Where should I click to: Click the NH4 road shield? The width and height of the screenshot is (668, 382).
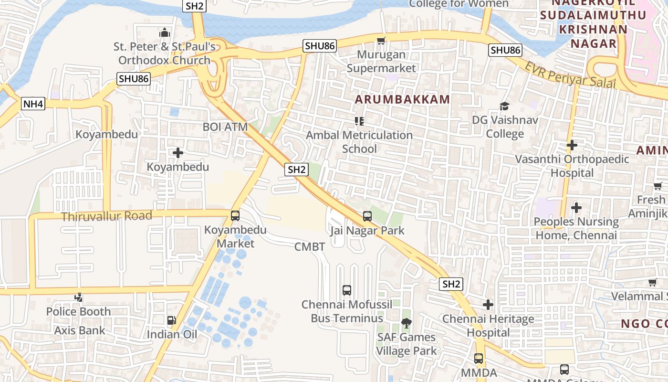(x=33, y=104)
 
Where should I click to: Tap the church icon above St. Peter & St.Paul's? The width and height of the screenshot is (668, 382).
(x=165, y=32)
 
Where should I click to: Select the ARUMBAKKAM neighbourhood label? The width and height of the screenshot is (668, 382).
(x=402, y=99)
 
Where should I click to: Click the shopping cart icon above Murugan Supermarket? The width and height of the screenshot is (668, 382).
(x=381, y=41)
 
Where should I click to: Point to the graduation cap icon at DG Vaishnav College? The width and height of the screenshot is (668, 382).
(x=504, y=106)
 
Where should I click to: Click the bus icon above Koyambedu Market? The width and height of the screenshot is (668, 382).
(x=235, y=215)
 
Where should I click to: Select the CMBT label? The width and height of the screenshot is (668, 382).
(x=310, y=247)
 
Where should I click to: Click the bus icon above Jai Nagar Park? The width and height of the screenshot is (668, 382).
(x=367, y=216)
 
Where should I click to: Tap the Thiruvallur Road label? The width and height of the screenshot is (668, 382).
(x=106, y=216)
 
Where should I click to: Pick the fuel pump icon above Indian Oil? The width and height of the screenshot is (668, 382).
(x=171, y=320)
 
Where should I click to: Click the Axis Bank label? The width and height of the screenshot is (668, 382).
(x=79, y=330)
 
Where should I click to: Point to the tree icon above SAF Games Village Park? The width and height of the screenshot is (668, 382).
(x=406, y=323)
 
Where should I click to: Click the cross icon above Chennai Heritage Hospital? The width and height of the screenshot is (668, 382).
(x=488, y=304)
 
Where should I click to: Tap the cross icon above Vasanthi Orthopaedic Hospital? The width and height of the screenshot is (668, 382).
(x=572, y=145)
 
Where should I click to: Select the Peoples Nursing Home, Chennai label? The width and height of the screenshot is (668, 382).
(x=576, y=229)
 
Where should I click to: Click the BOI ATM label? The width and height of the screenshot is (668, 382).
(x=225, y=127)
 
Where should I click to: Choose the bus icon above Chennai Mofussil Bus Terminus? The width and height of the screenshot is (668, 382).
(x=347, y=290)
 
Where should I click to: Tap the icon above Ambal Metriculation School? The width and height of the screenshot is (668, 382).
(x=359, y=121)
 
